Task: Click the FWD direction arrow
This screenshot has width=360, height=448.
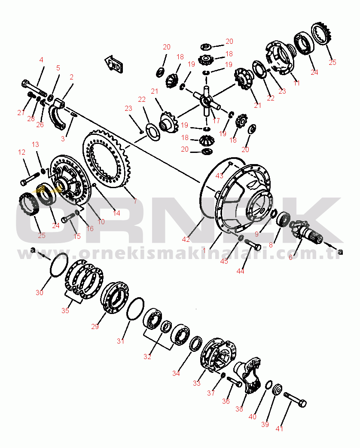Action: [x=114, y=64]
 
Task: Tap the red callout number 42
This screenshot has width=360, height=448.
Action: [x=186, y=239]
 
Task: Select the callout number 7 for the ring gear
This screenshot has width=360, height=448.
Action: [x=135, y=201]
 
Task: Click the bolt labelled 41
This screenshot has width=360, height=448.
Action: [x=295, y=399]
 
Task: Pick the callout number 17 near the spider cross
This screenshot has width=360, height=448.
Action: [x=216, y=121]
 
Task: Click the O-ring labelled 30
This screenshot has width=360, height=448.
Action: [x=59, y=265]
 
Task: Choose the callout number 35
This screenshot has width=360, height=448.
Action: [x=65, y=310]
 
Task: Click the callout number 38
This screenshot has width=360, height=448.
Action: [x=239, y=409]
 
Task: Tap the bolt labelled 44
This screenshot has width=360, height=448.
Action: [x=252, y=245]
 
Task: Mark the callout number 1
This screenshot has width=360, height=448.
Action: [x=204, y=250]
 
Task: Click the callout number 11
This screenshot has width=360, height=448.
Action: [x=296, y=83]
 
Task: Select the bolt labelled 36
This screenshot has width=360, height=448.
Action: [x=234, y=382]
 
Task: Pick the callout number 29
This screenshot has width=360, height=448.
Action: [x=95, y=326]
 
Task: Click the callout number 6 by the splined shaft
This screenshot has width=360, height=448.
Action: [x=290, y=257]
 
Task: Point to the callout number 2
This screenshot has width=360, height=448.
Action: [x=71, y=77]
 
